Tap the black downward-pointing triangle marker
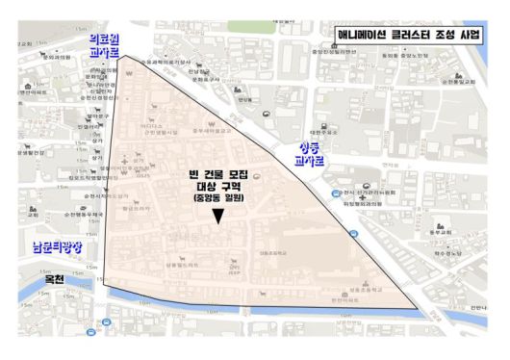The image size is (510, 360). click(x=219, y=218)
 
